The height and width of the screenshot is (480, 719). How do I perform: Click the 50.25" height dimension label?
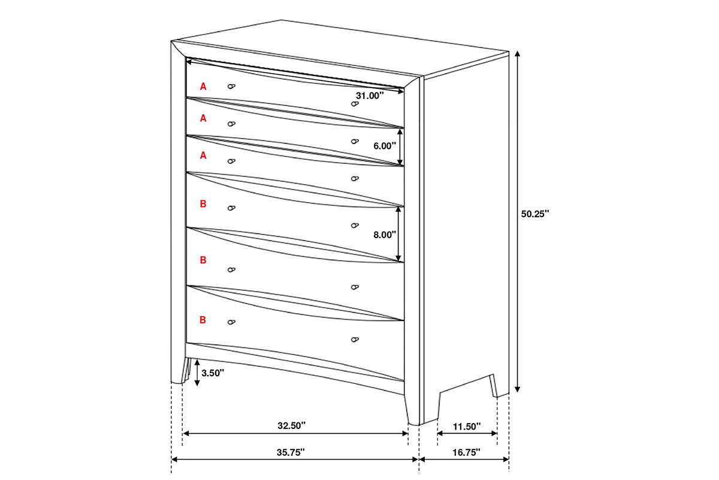tap(534, 214)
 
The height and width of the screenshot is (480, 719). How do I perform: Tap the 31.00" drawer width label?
tap(370, 95)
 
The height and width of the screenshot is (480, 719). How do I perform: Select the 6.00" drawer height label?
tap(385, 146)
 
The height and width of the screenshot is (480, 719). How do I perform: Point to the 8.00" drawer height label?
tap(385, 235)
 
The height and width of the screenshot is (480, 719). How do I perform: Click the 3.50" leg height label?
tap(213, 373)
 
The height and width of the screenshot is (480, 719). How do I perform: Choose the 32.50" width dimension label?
tap(291, 425)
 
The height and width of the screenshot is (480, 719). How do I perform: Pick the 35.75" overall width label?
tap(291, 452)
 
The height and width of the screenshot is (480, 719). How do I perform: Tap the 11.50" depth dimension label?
tap(467, 427)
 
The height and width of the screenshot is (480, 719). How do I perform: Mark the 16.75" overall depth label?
tap(466, 452)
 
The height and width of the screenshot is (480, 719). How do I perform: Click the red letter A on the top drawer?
tap(203, 86)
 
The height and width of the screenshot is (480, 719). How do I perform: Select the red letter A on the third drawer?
tap(203, 155)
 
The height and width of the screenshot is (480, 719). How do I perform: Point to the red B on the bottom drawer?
tap(203, 320)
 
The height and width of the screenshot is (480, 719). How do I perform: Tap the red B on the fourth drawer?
tap(203, 204)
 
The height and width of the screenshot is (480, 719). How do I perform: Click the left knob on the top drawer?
tap(231, 86)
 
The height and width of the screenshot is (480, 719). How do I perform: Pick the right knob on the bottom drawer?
tap(355, 340)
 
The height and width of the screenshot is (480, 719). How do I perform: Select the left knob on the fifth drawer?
tap(231, 270)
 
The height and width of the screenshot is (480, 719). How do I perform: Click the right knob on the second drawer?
tap(355, 141)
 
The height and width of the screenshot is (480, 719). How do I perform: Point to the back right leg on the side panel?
tap(494, 386)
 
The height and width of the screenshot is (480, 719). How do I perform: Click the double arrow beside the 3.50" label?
tap(197, 373)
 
